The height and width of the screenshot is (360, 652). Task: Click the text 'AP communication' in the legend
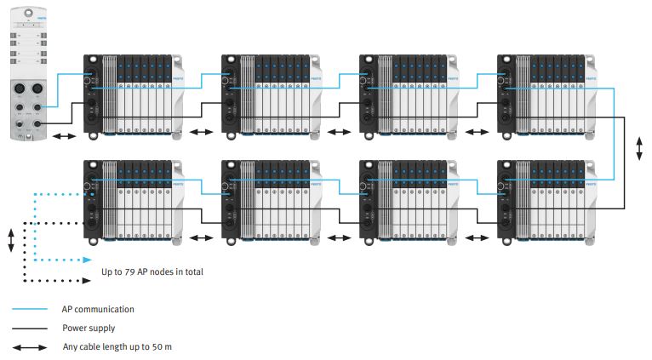[98, 309]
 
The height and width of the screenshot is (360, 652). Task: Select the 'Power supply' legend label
[89, 328]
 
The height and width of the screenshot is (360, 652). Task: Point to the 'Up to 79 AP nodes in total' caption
[152, 272]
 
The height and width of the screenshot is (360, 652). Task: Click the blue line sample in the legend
[30, 309]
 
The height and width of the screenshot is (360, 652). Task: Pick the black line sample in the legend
[30, 328]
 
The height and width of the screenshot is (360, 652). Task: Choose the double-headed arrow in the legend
[30, 346]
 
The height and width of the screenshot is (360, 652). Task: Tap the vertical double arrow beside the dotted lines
[11, 239]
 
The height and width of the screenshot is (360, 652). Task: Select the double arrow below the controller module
[65, 134]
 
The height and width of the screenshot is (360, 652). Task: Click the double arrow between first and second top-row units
[202, 132]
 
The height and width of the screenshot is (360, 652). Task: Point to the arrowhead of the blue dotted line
[88, 260]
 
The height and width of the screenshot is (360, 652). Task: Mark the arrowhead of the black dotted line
[88, 280]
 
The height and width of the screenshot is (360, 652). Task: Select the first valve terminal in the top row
[132, 94]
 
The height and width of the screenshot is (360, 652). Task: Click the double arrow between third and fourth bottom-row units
[478, 237]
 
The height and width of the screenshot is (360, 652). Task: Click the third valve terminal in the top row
[408, 94]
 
